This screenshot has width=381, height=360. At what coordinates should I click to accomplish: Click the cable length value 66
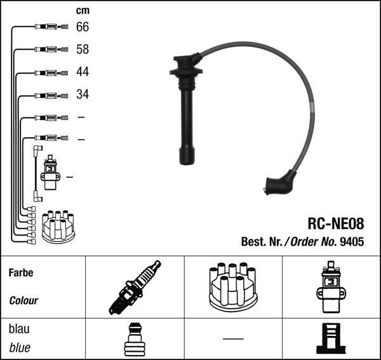pos(83,27)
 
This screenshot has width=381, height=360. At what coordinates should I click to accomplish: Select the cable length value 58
pos(83,50)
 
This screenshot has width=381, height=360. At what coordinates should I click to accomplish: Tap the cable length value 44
pos(83,72)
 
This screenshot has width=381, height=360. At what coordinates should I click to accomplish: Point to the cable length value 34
pos(83,94)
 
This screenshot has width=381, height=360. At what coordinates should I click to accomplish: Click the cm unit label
pos(83,11)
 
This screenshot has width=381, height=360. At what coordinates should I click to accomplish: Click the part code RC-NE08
pos(336,223)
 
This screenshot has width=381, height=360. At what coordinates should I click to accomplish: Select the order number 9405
pos(352,242)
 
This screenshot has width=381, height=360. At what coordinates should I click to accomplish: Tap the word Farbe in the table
pos(21,273)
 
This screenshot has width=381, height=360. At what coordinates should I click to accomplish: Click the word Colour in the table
pos(23,301)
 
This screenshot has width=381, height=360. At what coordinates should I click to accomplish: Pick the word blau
pos(19,329)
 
